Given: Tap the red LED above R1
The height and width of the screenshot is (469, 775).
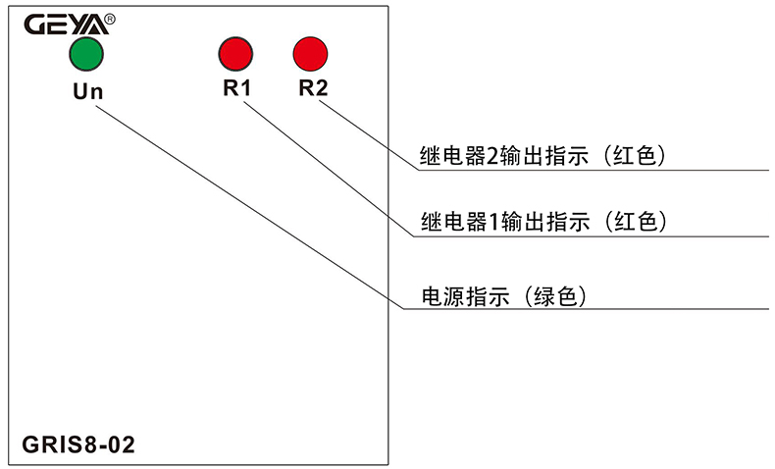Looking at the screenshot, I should (236, 53).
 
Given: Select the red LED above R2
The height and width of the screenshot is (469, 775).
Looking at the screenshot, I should (310, 53).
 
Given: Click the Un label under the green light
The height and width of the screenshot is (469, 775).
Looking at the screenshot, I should (86, 92).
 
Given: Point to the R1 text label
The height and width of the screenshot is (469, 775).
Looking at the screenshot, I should (236, 88).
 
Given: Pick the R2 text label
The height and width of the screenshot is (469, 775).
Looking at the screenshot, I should (313, 88).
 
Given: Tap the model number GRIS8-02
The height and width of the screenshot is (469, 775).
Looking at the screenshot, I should (77, 444).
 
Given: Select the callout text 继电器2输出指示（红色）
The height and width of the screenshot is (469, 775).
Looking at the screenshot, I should (542, 156).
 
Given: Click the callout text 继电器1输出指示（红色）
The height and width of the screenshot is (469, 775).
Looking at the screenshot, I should (543, 222).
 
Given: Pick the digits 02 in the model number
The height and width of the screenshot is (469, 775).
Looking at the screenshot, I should (122, 444).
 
